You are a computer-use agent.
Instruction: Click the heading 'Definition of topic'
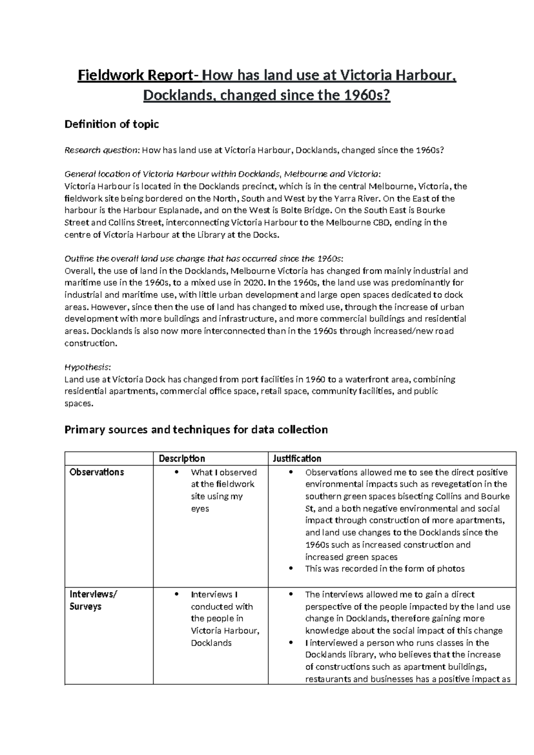(x=112, y=124)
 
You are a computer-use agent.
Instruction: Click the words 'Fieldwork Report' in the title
(x=136, y=76)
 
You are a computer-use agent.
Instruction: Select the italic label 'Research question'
(x=101, y=150)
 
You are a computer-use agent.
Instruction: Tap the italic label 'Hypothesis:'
(x=88, y=367)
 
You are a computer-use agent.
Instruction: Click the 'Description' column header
(x=182, y=459)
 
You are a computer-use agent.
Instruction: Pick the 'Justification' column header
(x=297, y=459)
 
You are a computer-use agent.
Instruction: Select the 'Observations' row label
(x=97, y=472)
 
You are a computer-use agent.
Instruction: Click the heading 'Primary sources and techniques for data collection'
(x=196, y=430)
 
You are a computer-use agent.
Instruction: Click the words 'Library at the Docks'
(x=241, y=235)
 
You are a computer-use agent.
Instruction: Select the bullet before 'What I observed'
(x=177, y=472)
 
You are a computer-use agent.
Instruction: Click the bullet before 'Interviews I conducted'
(x=177, y=594)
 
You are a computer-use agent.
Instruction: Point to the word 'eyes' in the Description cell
(x=200, y=508)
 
